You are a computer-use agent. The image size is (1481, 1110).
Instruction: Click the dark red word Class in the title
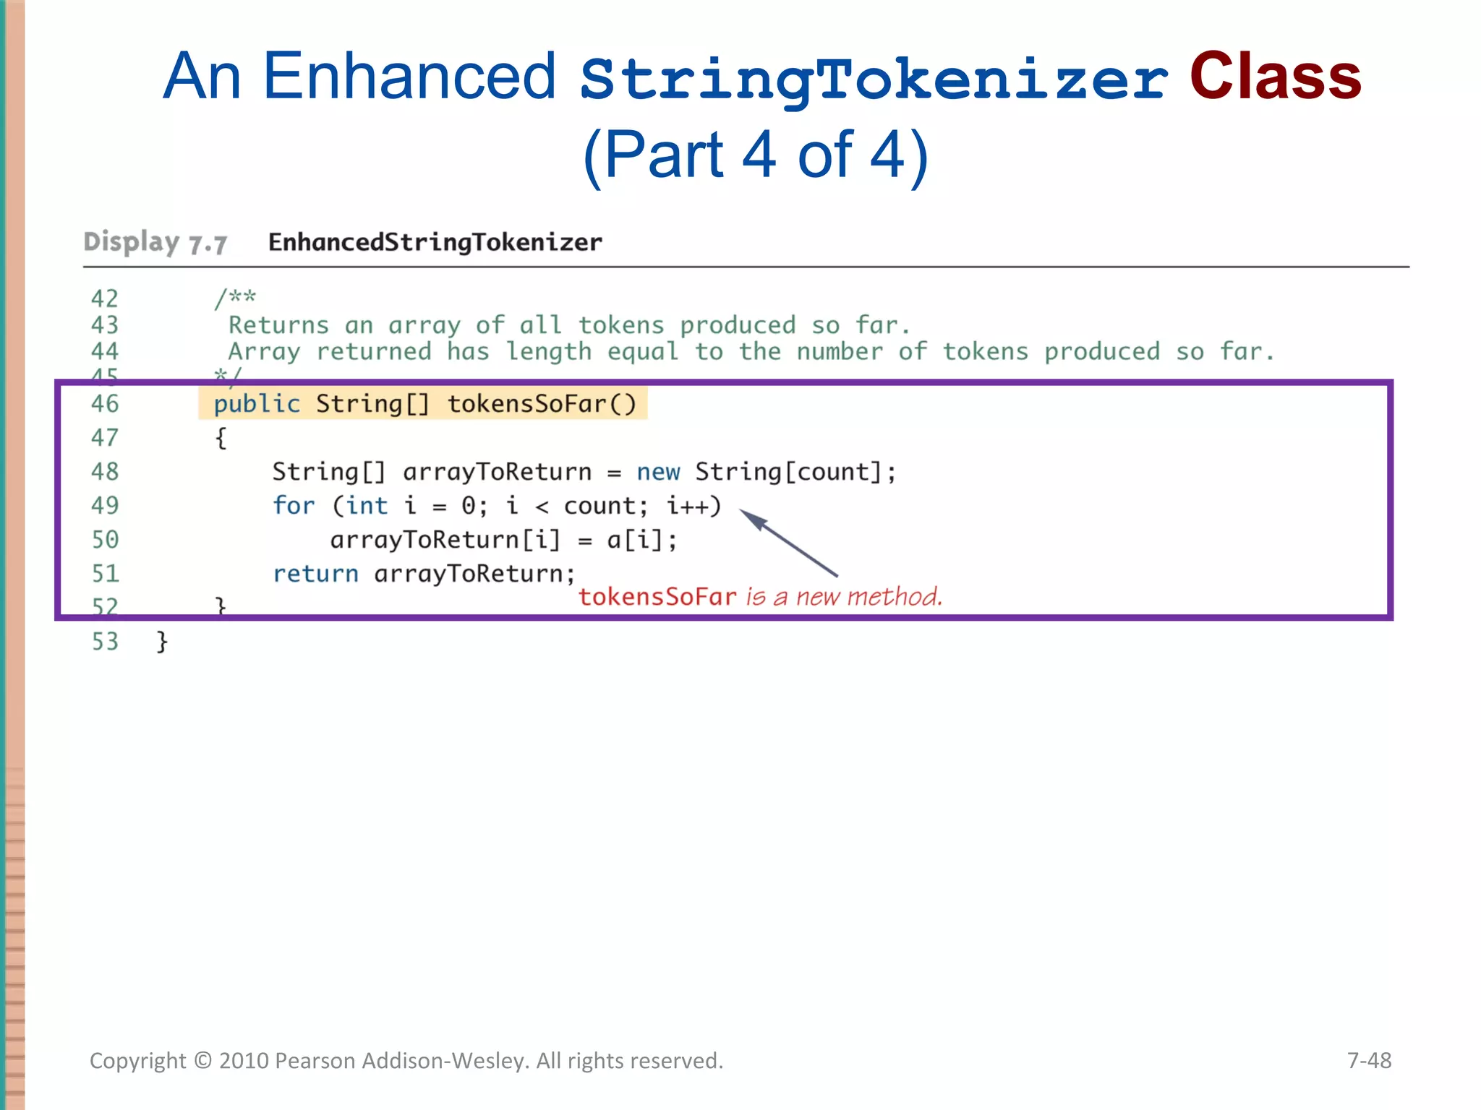pyautogui.click(x=1275, y=77)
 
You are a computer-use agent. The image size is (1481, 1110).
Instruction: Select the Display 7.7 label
pyautogui.click(x=155, y=243)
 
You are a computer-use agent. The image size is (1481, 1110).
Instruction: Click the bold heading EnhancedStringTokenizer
pyautogui.click(x=435, y=242)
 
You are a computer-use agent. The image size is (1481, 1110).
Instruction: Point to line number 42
pyautogui.click(x=105, y=298)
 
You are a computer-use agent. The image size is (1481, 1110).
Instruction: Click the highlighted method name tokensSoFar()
pyautogui.click(x=542, y=403)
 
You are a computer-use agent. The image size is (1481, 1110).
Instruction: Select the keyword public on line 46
pyautogui.click(x=256, y=403)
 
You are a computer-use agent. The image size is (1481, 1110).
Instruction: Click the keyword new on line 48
pyautogui.click(x=658, y=472)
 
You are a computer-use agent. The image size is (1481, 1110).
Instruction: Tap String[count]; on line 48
pyautogui.click(x=795, y=472)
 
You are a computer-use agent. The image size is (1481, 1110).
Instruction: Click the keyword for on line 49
pyautogui.click(x=294, y=506)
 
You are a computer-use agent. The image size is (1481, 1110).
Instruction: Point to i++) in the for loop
pyautogui.click(x=693, y=506)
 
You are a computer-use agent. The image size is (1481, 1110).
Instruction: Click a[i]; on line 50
pyautogui.click(x=641, y=540)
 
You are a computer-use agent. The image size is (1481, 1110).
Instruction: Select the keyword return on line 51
pyautogui.click(x=315, y=574)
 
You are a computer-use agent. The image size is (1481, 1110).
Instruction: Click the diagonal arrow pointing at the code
pyautogui.click(x=788, y=542)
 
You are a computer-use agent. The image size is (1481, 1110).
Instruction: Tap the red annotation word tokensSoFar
pyautogui.click(x=657, y=597)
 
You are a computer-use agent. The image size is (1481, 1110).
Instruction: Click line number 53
pyautogui.click(x=105, y=642)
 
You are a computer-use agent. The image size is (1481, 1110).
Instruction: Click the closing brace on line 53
pyautogui.click(x=162, y=642)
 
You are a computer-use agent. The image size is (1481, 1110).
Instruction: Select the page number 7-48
pyautogui.click(x=1368, y=1060)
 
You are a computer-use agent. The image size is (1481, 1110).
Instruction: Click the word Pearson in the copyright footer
pyautogui.click(x=315, y=1061)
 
